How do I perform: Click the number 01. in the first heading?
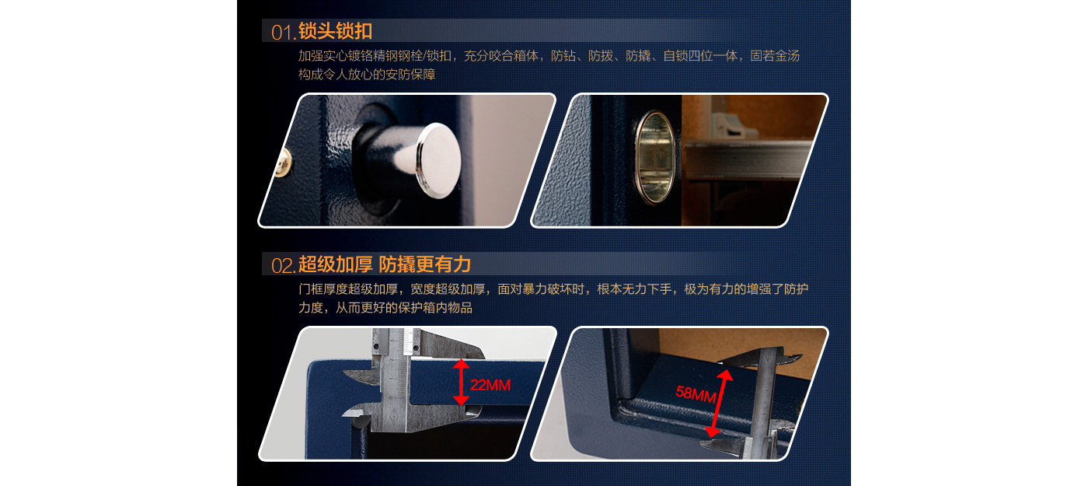(283, 33)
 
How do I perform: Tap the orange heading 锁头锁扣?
(335, 31)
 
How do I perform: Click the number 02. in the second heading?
(283, 266)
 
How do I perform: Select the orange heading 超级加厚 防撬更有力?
(384, 264)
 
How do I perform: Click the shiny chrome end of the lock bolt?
(438, 160)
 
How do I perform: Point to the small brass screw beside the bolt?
(284, 163)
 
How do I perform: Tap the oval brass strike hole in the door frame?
(655, 156)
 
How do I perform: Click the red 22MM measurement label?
(490, 385)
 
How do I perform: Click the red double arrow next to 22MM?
(461, 382)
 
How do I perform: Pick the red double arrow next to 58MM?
(719, 404)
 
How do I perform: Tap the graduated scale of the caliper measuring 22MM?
(399, 379)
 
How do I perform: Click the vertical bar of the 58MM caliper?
(762, 404)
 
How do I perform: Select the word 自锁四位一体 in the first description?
(701, 56)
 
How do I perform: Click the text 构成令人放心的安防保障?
(367, 75)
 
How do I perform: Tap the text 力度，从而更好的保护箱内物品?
(385, 308)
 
